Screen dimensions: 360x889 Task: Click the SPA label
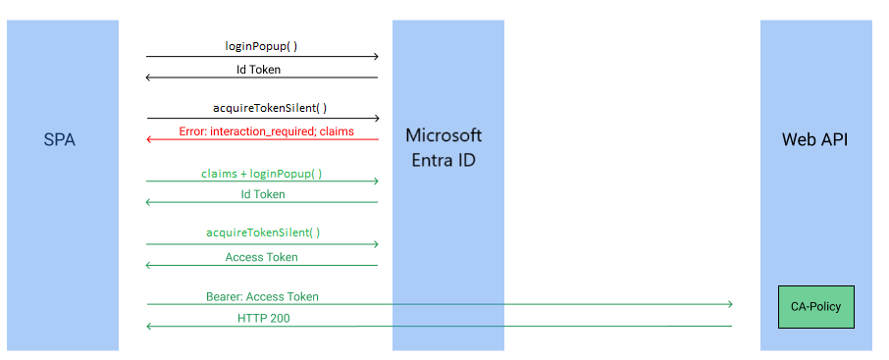tap(59, 140)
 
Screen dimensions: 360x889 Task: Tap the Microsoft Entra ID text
tap(444, 147)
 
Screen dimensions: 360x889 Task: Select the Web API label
tap(814, 140)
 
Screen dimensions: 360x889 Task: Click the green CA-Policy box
tap(815, 307)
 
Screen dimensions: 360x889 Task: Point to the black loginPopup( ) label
tap(262, 46)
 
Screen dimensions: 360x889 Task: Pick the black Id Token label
tap(263, 70)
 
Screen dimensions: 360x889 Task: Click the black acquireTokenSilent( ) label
tap(262, 108)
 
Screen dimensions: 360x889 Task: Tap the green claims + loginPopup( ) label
tap(261, 173)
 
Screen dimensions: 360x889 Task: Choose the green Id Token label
tap(263, 194)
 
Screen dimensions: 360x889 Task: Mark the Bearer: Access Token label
tap(262, 296)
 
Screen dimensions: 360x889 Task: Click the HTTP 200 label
tap(263, 318)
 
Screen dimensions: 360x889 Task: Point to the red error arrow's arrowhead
tap(149, 139)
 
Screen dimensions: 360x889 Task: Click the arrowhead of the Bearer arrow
tap(729, 304)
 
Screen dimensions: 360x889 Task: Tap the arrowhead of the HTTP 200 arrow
tap(149, 326)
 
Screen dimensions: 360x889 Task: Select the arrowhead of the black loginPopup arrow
tap(375, 56)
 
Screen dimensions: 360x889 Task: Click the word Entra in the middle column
tap(428, 159)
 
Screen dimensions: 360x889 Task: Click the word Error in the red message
tap(193, 130)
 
